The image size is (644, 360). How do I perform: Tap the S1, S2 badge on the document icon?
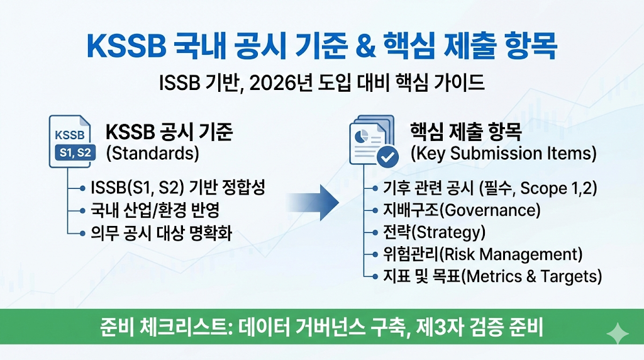point(75,152)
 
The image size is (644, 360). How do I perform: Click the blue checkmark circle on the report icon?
point(387,155)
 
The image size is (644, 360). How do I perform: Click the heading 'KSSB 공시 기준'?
point(169,133)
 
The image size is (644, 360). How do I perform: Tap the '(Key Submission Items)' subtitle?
point(503,154)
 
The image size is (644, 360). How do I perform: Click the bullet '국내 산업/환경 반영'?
point(155,210)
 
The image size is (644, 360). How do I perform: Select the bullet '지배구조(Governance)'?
point(462,210)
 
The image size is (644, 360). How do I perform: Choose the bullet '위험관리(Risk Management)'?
point(482,254)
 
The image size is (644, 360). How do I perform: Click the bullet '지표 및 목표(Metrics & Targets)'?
point(492,276)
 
